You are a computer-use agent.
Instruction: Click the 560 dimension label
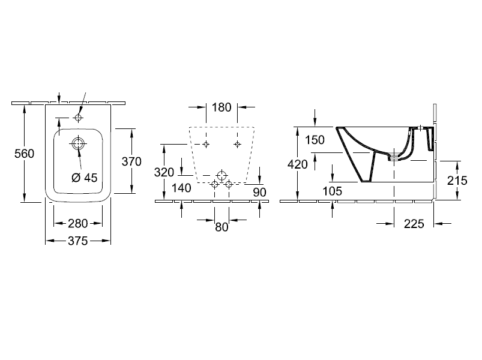pos(24,154)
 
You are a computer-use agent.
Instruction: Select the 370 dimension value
pos(131,161)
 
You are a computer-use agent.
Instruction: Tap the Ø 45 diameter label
pos(84,178)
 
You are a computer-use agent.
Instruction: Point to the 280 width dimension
pos(78,223)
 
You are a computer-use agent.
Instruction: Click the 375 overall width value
pos(78,241)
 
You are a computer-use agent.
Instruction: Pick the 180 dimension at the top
pos(221,107)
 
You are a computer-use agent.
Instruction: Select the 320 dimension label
pos(164,172)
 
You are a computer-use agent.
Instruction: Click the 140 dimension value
pos(181,188)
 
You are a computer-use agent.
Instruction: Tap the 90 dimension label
pos(260,192)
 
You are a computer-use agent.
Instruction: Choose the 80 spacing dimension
pos(221,227)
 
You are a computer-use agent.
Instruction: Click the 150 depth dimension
pos(315,140)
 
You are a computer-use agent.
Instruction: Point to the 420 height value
pos(298,164)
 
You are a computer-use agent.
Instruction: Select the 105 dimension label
pos(333,191)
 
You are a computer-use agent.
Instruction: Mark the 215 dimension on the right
pos(457,181)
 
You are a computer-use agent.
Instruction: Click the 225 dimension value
pos(414,224)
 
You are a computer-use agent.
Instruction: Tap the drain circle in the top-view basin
pos(78,143)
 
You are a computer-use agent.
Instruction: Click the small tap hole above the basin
pos(79,118)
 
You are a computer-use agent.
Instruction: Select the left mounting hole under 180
pos(206,144)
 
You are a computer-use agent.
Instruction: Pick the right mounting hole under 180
pos(237,144)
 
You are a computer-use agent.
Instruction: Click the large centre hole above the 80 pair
pos(221,176)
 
